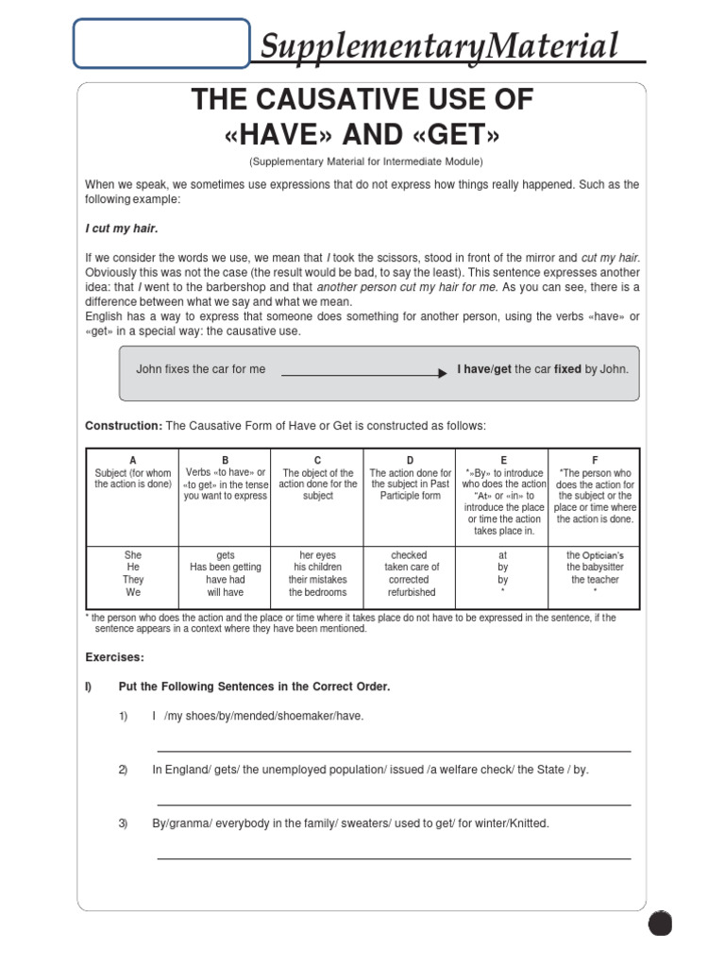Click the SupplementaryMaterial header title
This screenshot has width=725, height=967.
coord(440,45)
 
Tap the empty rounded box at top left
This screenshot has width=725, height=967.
coord(161,43)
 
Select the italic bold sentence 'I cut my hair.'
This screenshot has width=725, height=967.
coord(122,229)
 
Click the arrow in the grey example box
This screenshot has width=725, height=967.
coord(363,374)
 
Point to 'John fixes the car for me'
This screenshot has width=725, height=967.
coord(201,369)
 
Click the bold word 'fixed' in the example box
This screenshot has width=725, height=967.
coord(567,369)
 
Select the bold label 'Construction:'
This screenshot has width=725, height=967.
coord(124,427)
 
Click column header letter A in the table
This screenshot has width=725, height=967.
coord(133,460)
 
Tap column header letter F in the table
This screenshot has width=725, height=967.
coord(594,460)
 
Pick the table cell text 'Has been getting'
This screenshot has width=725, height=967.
coord(226,568)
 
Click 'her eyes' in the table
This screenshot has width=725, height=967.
coord(318,555)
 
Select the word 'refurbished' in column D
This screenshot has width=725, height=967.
coord(411,592)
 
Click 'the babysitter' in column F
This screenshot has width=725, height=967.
coord(594,568)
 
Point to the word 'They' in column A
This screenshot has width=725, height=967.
coord(133,580)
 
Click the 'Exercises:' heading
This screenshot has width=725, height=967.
coord(115,656)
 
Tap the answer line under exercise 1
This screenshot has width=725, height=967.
coord(394,751)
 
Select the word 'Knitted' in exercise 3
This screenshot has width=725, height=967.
coord(527,823)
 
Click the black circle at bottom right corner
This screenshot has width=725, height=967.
coord(661,923)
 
